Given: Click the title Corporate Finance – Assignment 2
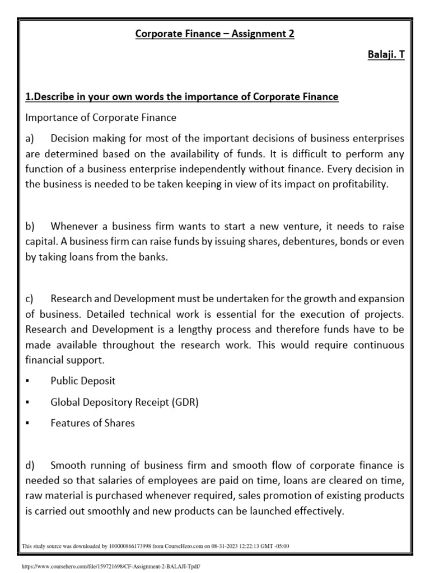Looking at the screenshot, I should pos(215,34).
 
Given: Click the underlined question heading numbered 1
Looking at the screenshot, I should pos(182,97).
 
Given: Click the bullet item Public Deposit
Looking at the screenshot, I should pos(83,381).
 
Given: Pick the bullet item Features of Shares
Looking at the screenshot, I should pos(92,423).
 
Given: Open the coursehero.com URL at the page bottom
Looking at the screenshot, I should pos(110,566).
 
